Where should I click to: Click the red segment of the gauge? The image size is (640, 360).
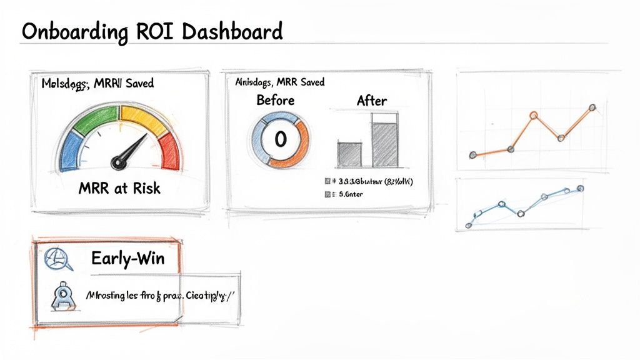click(169, 151)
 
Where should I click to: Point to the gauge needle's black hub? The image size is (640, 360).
click(117, 163)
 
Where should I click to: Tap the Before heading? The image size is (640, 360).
click(276, 100)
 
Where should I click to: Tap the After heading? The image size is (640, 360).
click(371, 100)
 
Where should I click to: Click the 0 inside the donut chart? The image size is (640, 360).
click(279, 139)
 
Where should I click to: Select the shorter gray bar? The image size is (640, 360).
click(349, 154)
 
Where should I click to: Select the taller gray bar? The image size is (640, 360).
click(384, 144)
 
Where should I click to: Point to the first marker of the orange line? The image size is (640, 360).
click(472, 154)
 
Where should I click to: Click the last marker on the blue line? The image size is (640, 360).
click(581, 188)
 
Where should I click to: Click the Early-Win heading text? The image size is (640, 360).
click(127, 257)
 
